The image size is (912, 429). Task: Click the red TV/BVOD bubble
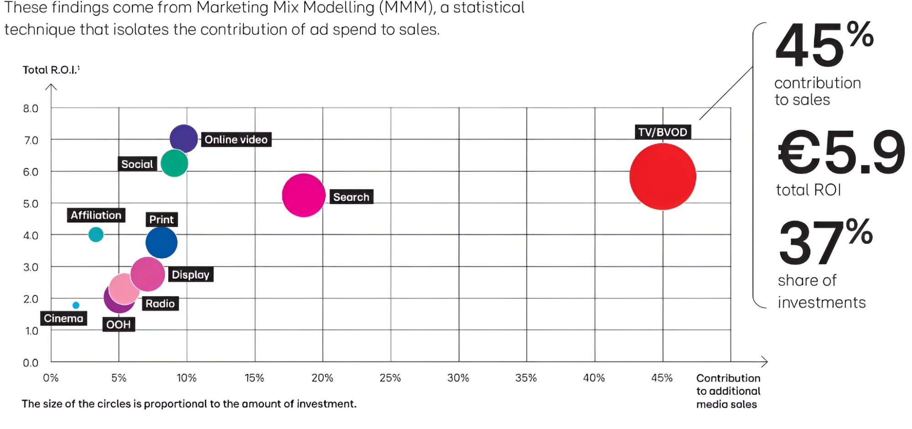(x=663, y=176)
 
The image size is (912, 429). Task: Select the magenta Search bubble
(x=303, y=195)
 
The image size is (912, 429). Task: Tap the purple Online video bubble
(x=184, y=138)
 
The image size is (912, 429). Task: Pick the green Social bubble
(x=174, y=163)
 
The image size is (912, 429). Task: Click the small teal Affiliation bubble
(x=96, y=234)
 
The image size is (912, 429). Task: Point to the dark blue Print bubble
(x=161, y=243)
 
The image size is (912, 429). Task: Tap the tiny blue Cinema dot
(x=76, y=305)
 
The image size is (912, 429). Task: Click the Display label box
(x=190, y=274)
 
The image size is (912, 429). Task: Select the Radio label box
(x=160, y=304)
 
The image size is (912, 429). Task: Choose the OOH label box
(x=119, y=325)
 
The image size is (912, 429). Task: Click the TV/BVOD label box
(x=663, y=132)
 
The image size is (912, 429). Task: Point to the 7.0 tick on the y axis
(x=31, y=140)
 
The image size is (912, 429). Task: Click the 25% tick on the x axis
(x=390, y=378)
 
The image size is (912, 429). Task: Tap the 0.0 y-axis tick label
(x=31, y=363)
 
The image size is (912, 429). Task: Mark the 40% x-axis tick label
(x=594, y=378)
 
